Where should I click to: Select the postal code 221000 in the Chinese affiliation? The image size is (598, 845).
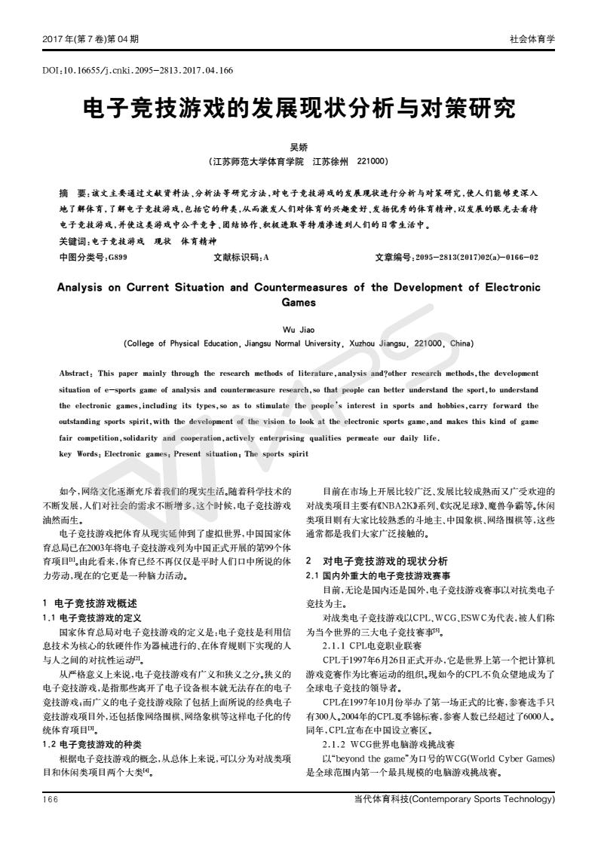[372, 161]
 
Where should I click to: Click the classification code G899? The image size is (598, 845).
[118, 258]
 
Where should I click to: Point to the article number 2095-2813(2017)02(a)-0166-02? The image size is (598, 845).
[477, 258]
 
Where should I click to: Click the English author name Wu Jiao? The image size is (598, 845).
[299, 330]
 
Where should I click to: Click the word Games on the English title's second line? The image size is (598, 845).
[299, 302]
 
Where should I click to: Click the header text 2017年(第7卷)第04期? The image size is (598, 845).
[90, 38]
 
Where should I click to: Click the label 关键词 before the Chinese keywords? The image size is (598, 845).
[74, 243]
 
